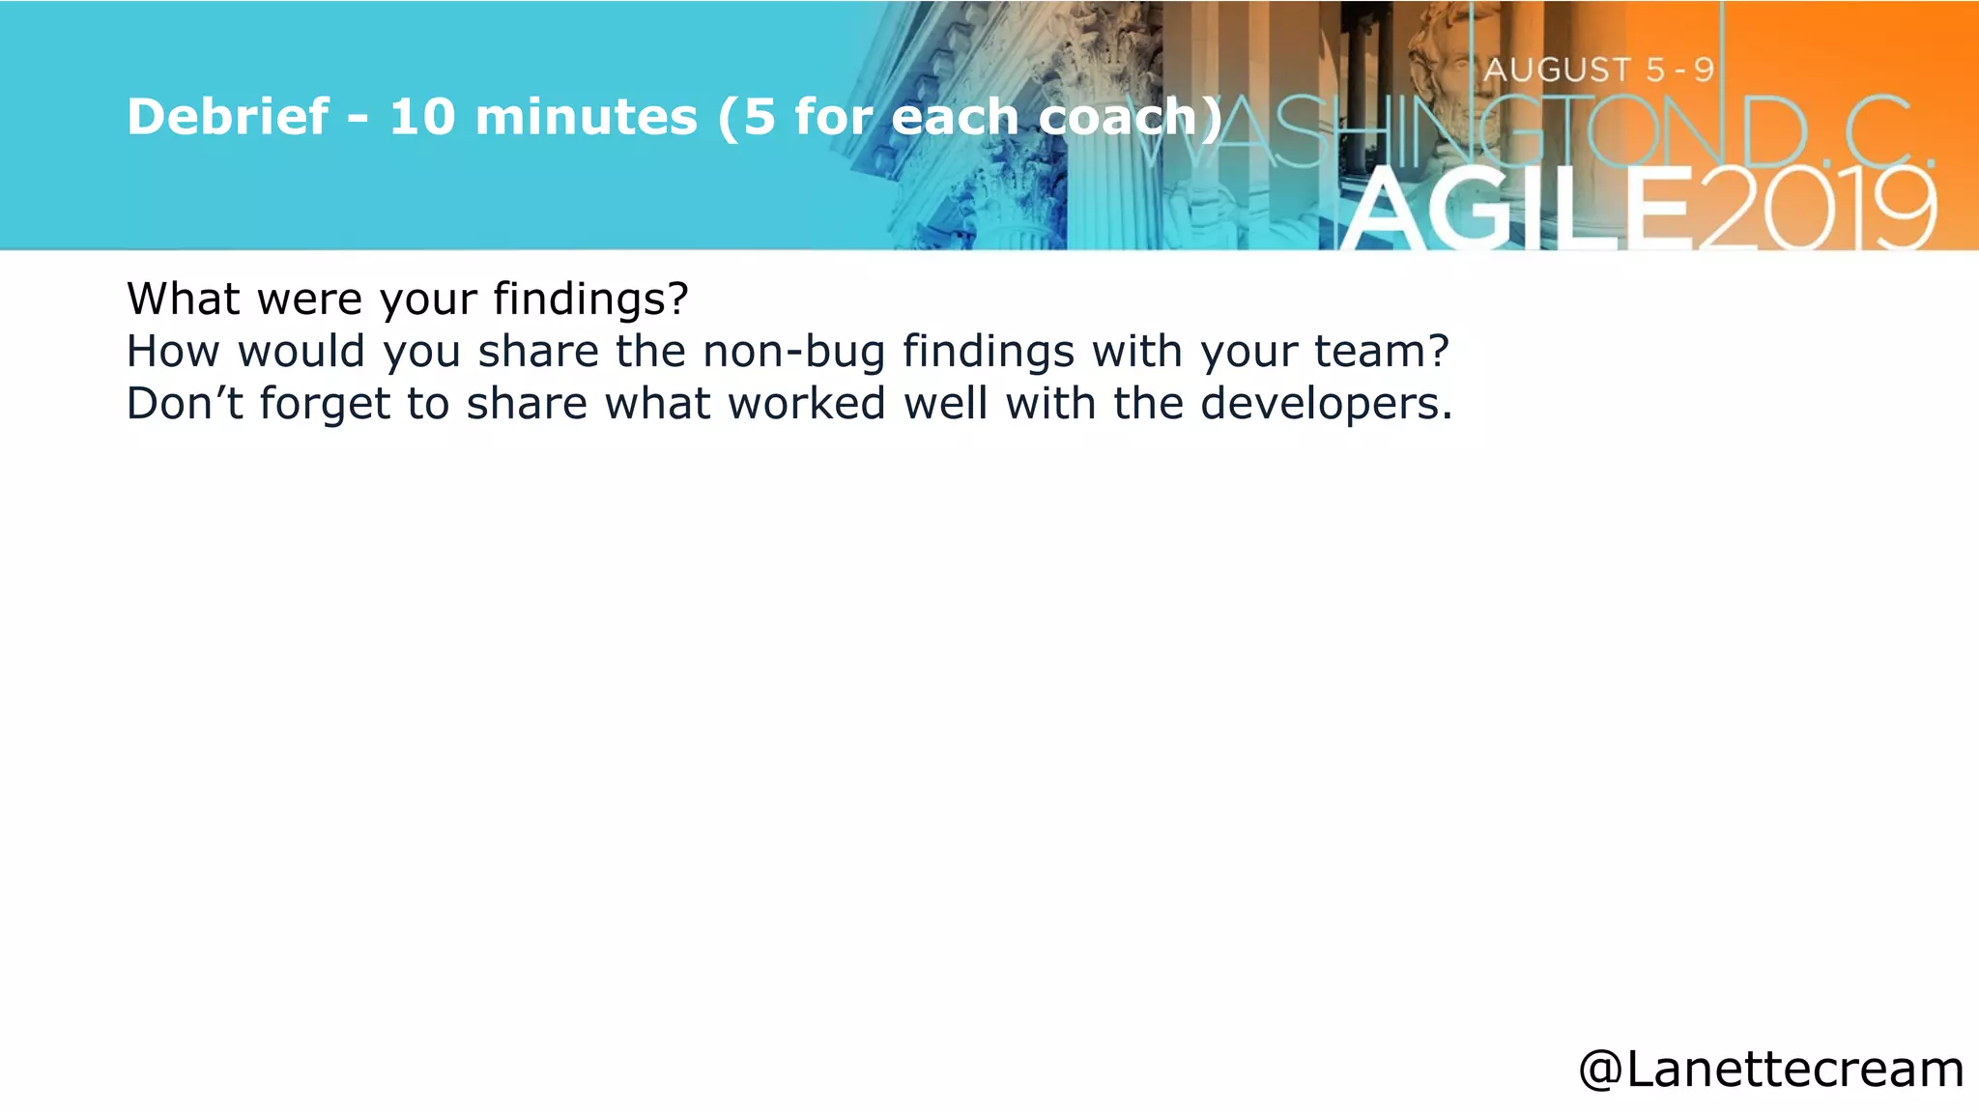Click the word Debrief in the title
(x=228, y=117)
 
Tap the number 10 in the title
(x=422, y=117)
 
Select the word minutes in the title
(x=586, y=117)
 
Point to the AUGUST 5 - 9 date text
(x=1599, y=70)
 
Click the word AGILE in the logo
(x=1517, y=210)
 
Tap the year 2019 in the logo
(x=1817, y=210)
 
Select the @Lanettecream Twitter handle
(x=1770, y=1070)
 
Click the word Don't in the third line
(x=185, y=404)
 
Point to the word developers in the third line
(x=1326, y=404)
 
